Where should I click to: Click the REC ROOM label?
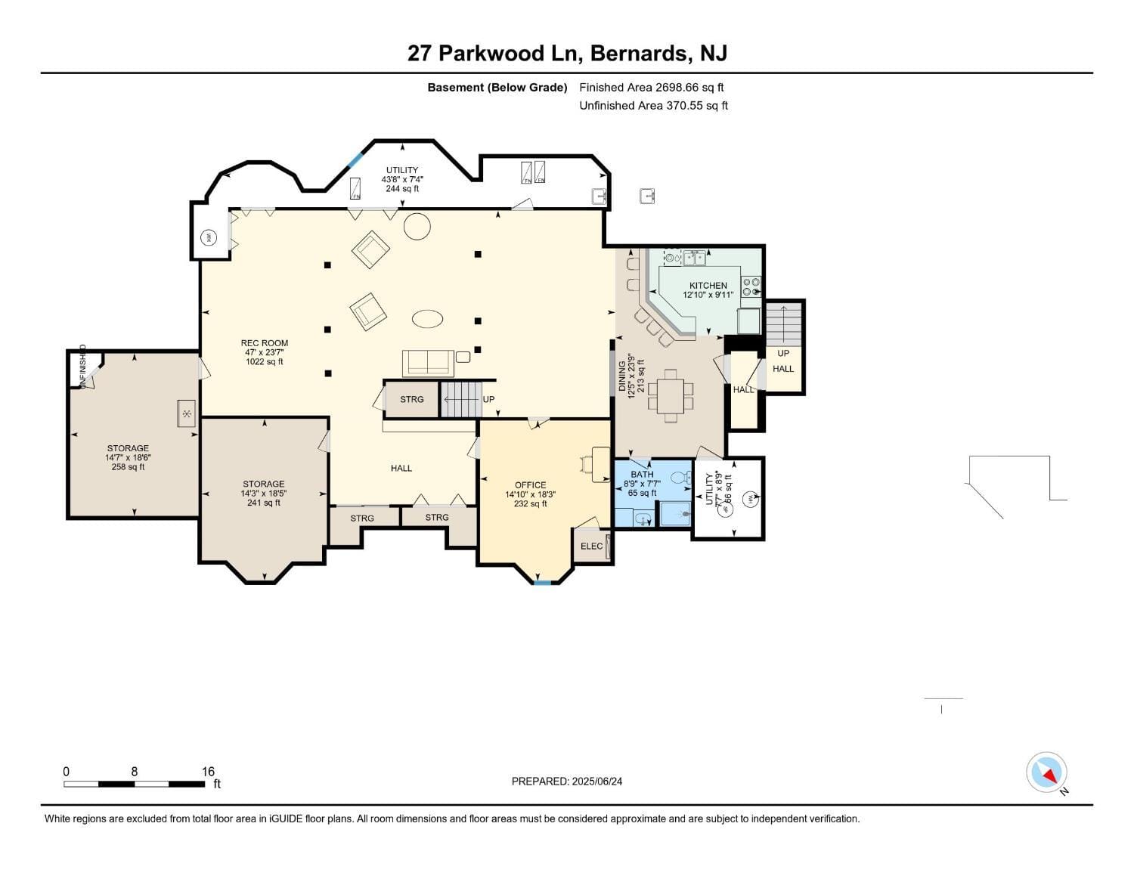pos(264,343)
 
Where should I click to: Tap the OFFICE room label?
pos(530,485)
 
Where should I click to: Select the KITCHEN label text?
pos(708,286)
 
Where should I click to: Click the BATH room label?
pos(642,475)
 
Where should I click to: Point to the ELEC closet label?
pos(591,546)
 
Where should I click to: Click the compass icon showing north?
pos(1046,772)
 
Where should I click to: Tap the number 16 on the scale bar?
pos(208,772)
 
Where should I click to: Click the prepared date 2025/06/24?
pos(596,782)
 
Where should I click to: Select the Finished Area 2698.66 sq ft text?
pos(651,88)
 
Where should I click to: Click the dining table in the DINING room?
pos(671,395)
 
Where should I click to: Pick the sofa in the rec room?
pos(428,363)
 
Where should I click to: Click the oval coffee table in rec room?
pos(428,319)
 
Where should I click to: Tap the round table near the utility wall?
pos(417,226)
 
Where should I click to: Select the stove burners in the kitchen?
pos(751,287)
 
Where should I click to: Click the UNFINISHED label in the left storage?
pos(82,367)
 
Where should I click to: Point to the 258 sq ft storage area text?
pos(128,467)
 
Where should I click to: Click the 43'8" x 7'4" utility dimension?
pos(402,180)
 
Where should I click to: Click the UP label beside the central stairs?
pos(488,399)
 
